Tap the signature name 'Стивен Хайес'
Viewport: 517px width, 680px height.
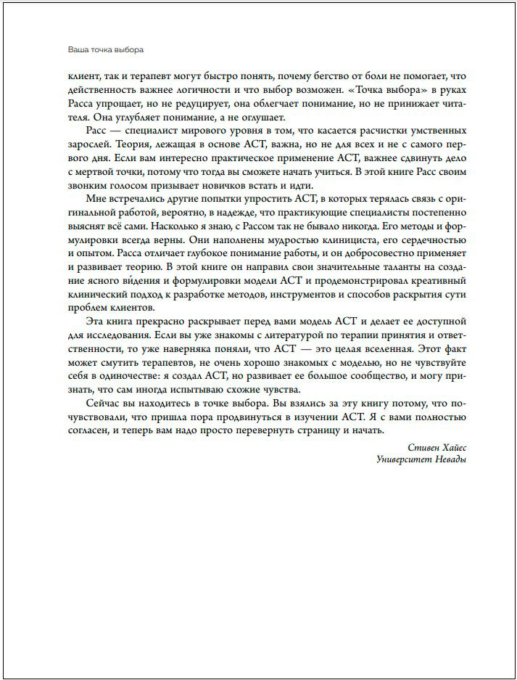[x=433, y=448]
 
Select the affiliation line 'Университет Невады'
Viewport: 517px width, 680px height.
[x=421, y=460]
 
